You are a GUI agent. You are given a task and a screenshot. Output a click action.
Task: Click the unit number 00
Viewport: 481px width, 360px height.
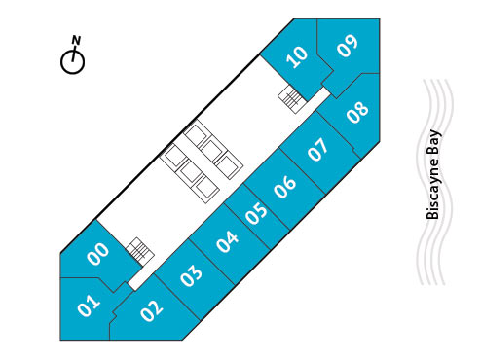click(x=97, y=254)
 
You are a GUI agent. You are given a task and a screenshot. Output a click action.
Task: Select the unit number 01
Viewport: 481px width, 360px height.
click(x=89, y=306)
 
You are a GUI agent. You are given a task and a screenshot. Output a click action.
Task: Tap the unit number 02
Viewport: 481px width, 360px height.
click(x=151, y=310)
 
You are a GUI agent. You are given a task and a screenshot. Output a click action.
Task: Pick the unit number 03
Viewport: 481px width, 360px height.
click(x=192, y=275)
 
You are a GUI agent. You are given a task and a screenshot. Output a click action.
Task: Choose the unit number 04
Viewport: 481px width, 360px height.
click(x=228, y=240)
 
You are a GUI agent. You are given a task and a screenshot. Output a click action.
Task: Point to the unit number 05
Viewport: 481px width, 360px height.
click(x=256, y=213)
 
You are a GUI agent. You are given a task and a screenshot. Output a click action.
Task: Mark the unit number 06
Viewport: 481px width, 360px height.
click(x=285, y=185)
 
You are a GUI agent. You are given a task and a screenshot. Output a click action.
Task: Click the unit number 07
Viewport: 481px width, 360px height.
click(x=318, y=151)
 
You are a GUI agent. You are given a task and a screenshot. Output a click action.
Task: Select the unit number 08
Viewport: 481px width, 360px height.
click(x=357, y=111)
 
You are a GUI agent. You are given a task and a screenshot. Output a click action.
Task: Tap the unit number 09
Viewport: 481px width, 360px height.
click(x=348, y=46)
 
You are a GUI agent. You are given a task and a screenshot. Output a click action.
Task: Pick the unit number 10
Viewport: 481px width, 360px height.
click(x=298, y=56)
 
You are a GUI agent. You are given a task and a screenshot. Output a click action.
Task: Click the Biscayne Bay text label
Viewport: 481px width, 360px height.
click(x=434, y=175)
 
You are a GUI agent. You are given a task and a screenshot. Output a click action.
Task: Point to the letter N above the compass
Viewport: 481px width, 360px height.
click(x=75, y=40)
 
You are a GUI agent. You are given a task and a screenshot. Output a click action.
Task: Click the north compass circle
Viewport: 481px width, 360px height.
click(x=73, y=61)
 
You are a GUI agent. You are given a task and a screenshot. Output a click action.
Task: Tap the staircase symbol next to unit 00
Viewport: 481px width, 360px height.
click(x=141, y=251)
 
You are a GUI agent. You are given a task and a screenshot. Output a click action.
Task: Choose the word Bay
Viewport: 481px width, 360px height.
click(x=434, y=143)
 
